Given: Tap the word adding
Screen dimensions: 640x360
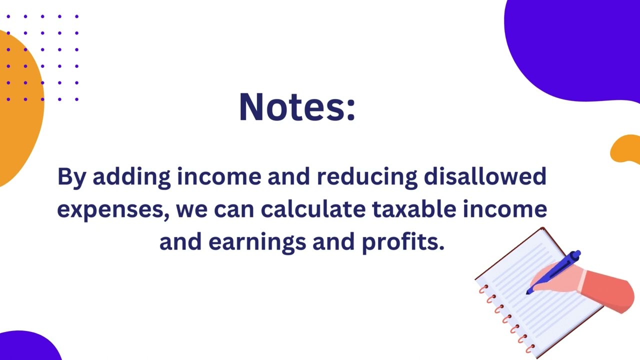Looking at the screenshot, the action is (x=131, y=177).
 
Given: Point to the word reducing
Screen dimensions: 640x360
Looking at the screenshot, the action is (x=367, y=177).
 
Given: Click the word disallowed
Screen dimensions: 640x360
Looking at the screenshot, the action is (x=485, y=176).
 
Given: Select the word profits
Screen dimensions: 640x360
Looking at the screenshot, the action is (x=403, y=242).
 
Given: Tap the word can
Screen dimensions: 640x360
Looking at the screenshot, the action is (x=234, y=211).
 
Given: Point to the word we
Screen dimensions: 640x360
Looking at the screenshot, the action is (x=191, y=211).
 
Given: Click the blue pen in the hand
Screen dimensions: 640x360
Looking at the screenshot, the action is (x=553, y=271).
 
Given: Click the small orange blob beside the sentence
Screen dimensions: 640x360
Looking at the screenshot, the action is (x=625, y=149).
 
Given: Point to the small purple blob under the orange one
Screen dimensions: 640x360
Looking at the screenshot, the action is (x=28, y=346).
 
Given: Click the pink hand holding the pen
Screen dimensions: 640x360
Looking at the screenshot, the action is (x=557, y=280).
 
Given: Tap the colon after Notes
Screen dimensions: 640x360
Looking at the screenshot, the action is (x=351, y=111).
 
